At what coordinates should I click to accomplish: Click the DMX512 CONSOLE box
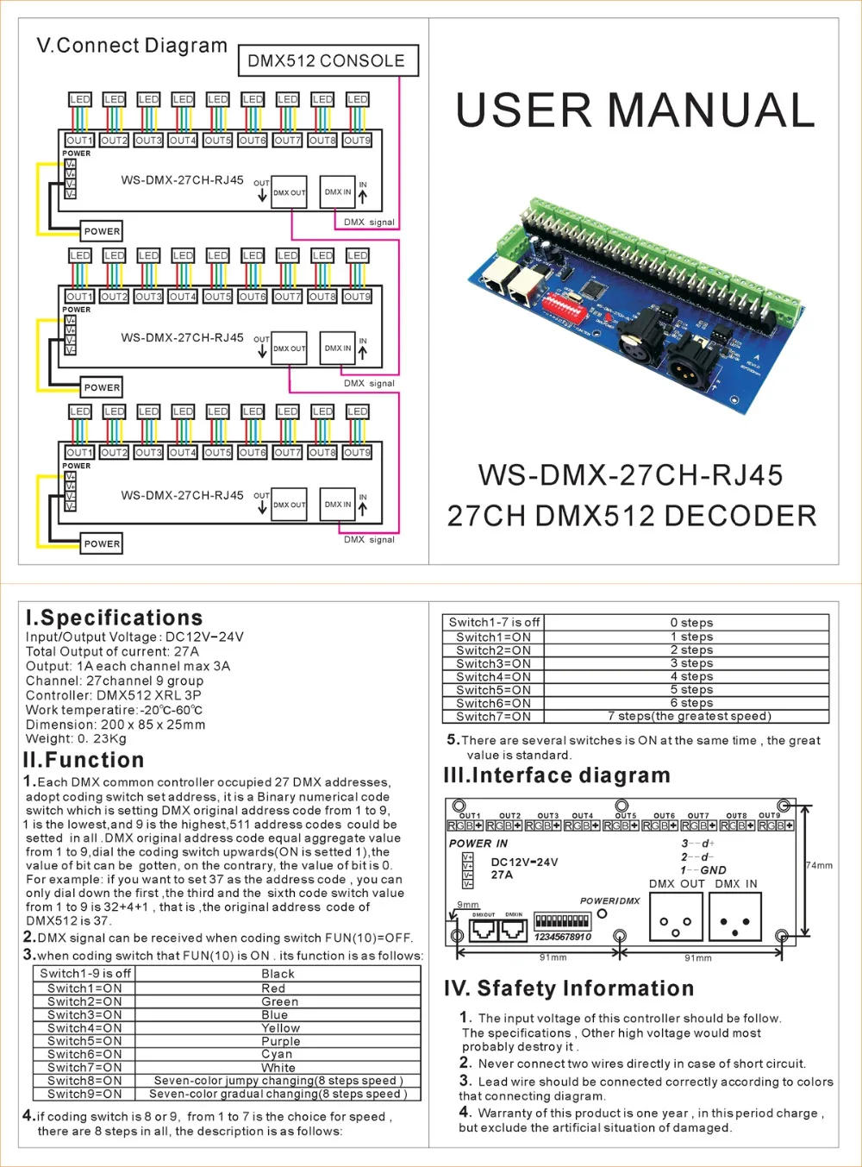(327, 60)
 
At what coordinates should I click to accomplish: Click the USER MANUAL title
(635, 111)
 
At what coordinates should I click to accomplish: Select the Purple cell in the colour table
(279, 1041)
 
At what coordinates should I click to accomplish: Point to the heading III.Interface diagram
(556, 775)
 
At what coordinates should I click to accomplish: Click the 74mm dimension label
(819, 865)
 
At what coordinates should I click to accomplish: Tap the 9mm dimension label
(468, 905)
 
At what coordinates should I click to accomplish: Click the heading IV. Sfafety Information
(569, 988)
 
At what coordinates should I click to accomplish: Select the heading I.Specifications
(115, 618)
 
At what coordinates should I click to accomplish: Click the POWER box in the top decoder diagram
(102, 231)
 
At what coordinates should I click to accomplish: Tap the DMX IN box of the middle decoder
(337, 348)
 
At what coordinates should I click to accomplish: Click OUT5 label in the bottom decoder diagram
(217, 453)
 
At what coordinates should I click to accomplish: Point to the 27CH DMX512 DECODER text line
(631, 516)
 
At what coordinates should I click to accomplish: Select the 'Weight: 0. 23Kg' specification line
(76, 738)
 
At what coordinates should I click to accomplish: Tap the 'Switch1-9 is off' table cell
(85, 973)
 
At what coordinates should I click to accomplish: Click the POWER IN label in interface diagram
(478, 844)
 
